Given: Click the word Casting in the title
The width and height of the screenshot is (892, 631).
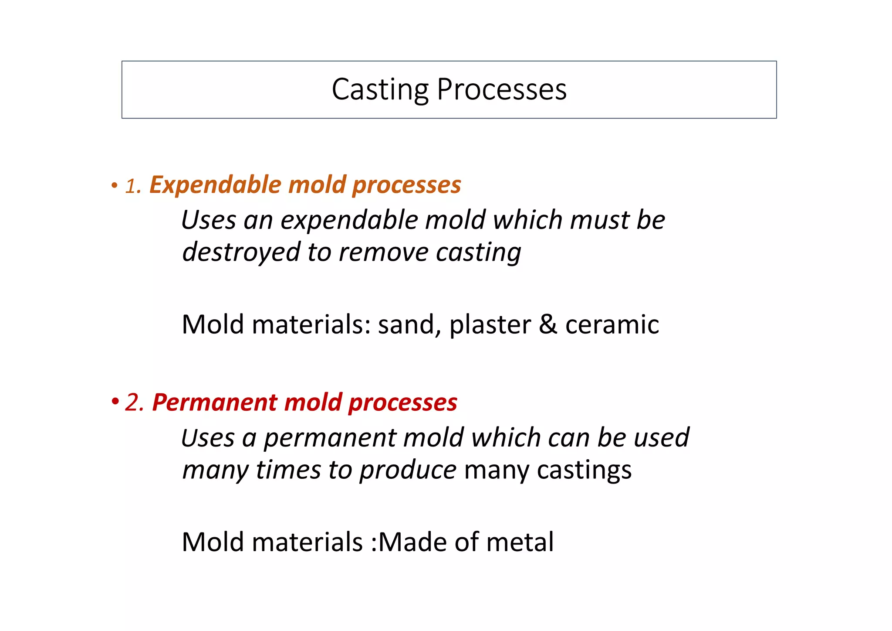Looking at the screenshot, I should pos(380,90).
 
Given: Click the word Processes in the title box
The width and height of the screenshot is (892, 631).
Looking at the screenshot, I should pos(501,90).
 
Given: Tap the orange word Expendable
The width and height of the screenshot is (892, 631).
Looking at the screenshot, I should pos(215,185).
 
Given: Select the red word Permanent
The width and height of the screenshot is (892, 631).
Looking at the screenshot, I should pos(214,402).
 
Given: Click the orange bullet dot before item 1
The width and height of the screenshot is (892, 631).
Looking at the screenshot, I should pos(115,186).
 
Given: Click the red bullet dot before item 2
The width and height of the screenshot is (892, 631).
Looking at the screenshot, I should pos(115,401).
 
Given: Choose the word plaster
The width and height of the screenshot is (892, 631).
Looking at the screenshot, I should pos(490,325).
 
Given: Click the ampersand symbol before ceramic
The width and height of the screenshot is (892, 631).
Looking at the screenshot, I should pos(548,324).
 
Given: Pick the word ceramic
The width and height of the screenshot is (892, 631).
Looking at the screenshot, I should pos(612,325).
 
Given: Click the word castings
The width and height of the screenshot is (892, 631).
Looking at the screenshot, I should pos(584,471).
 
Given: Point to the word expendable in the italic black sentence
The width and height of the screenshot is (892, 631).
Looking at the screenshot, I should pos(349,220).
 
